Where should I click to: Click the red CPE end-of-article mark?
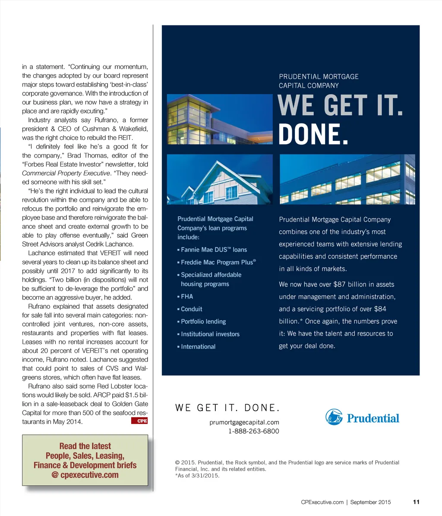pos(139,421)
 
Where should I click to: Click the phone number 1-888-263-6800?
pos(254,431)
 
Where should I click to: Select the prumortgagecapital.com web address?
pos(244,422)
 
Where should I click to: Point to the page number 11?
pos(416,502)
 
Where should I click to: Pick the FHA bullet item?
pos(187,297)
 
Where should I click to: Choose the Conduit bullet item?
pos(191,309)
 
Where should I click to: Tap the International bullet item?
pos(198,347)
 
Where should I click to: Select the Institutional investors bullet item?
pos(210,334)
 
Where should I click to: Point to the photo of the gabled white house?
pos(220,179)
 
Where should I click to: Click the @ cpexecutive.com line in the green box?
pos(85,475)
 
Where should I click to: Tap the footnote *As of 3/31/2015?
pos(197,476)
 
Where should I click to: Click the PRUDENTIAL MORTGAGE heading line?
pos(319,76)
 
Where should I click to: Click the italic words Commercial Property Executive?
pos(66,173)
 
